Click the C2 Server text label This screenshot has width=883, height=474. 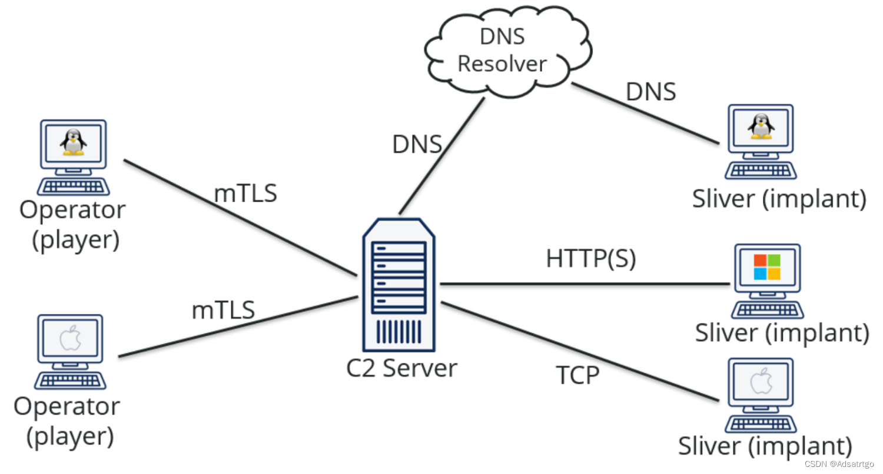[x=401, y=368]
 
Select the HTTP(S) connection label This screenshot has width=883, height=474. [x=590, y=259]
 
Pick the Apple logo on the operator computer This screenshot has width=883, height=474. [x=71, y=338]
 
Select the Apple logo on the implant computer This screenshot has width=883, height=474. [x=761, y=382]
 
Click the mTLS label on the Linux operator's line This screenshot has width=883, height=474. [x=245, y=193]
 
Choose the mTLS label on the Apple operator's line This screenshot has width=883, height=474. [x=223, y=309]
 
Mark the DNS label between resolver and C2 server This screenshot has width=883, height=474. [x=417, y=144]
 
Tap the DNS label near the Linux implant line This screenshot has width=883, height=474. [x=650, y=92]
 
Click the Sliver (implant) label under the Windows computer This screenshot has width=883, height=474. [x=782, y=333]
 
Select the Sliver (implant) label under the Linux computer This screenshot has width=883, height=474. [x=779, y=199]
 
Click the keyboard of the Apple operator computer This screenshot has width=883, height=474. [x=70, y=380]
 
